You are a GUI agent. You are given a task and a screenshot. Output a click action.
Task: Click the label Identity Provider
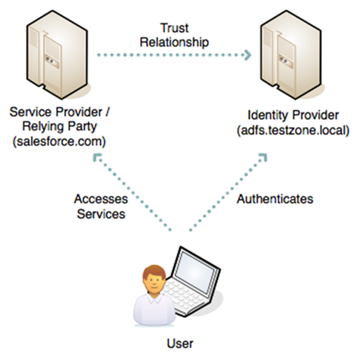pyautogui.click(x=290, y=115)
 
